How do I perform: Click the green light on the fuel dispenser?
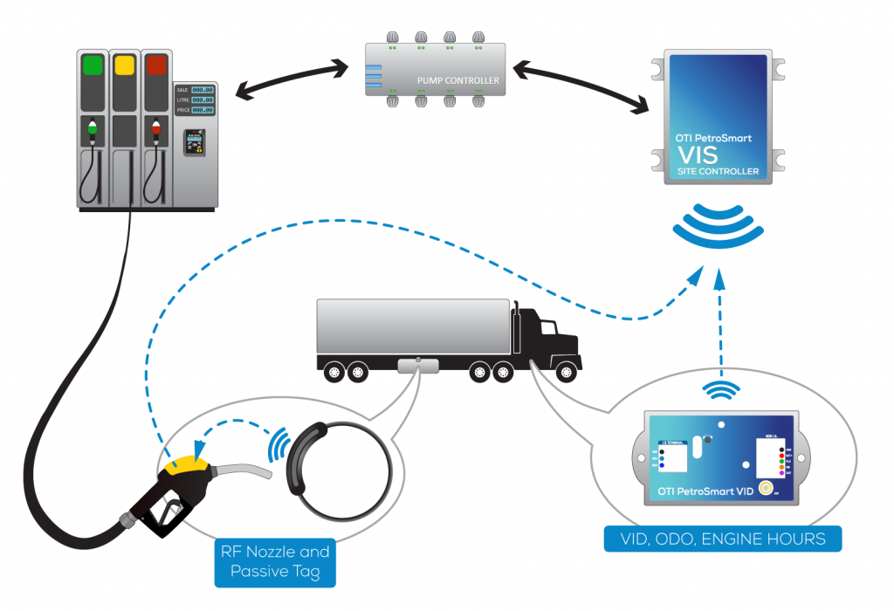93,66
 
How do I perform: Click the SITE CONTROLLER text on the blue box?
719,171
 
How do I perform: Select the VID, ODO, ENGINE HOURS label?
723,539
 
